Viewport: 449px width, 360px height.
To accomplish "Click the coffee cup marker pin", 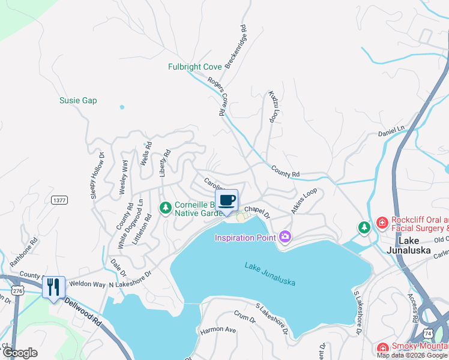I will coord(226,200).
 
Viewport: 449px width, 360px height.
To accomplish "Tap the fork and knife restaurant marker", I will coord(53,287).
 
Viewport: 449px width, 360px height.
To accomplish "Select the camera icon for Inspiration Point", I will coord(285,237).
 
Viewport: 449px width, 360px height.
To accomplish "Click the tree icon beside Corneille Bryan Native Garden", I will coord(164,208).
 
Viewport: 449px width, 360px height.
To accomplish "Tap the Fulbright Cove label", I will coord(194,67).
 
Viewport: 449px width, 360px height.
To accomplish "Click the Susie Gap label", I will coord(78,101).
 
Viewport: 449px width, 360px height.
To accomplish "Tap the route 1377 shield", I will coord(59,200).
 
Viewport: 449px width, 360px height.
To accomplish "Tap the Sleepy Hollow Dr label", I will coord(98,173).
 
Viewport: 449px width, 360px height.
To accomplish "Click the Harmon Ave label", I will coord(218,329).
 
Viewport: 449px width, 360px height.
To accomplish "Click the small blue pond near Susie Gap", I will coord(122,107).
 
